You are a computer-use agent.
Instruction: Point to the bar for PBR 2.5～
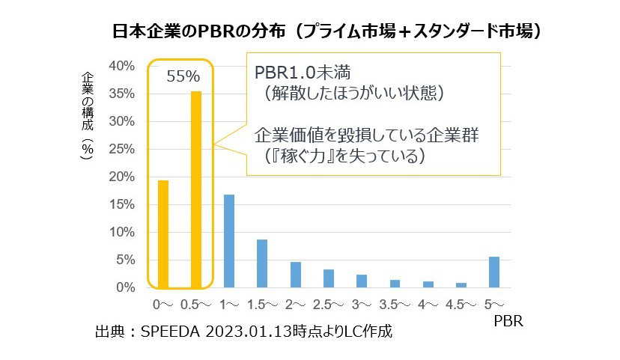coord(329,278)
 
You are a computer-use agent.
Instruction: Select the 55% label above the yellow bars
coord(183,76)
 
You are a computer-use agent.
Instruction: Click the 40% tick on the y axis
coord(121,66)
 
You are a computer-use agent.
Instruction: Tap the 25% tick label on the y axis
coord(121,149)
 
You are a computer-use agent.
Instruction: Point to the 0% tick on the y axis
coord(125,287)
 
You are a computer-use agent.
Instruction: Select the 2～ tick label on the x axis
coord(295,305)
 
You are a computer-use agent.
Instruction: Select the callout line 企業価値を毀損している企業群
coord(366,136)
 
